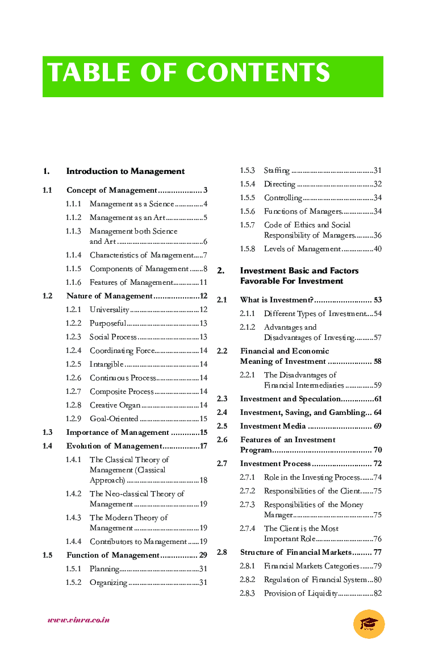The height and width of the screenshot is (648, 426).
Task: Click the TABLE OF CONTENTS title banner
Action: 212,76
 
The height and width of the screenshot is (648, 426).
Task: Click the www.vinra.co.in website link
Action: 78,620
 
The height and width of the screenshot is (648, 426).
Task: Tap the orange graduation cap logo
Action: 369,624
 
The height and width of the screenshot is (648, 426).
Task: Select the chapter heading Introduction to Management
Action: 126,171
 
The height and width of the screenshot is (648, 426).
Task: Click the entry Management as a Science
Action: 132,204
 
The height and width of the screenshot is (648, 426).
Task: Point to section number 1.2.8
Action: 73,405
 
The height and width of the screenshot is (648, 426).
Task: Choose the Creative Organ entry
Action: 115,405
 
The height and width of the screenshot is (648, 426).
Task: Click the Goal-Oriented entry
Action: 114,419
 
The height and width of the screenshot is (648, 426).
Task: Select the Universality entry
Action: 110,310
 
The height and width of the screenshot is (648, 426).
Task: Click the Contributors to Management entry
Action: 138,542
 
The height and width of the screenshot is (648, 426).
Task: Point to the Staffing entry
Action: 277,171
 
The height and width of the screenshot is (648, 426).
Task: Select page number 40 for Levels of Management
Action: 377,249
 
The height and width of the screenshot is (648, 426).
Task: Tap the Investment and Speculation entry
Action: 290,399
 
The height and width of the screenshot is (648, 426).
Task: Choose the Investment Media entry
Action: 273,426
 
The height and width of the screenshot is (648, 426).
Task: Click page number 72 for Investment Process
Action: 377,464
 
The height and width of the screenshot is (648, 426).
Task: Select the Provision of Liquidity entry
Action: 301,593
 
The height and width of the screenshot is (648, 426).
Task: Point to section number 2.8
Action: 222,553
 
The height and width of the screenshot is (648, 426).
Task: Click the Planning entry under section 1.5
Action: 105,569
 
